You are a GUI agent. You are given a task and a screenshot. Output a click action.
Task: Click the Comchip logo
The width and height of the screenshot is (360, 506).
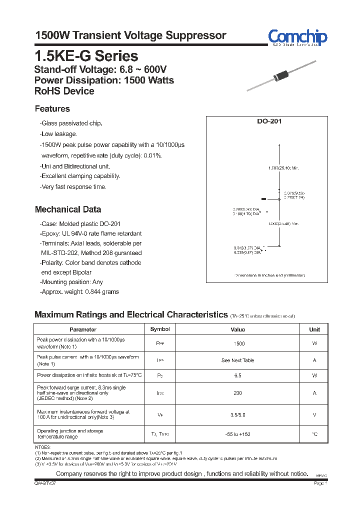tap(297, 37)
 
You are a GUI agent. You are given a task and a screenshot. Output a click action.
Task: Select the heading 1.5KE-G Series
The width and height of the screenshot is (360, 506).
tap(86, 55)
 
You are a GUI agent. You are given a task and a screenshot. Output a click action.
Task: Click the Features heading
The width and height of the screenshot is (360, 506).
tap(52, 109)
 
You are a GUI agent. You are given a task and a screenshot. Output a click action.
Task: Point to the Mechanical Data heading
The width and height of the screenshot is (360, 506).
tap(67, 209)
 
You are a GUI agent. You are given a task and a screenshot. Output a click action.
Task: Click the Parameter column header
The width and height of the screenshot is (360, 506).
tap(83, 329)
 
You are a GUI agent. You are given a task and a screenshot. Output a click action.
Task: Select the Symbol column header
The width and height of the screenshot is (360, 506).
tap(160, 329)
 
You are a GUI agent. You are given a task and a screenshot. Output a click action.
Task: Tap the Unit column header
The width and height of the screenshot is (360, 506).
tap(314, 329)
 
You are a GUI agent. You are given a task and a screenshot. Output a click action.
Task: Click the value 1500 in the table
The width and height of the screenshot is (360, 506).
tap(239, 344)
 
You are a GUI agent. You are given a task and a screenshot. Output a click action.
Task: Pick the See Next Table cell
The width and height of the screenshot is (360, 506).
tap(238, 360)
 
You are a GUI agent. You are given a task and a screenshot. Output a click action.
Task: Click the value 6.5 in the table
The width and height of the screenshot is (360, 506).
tap(238, 375)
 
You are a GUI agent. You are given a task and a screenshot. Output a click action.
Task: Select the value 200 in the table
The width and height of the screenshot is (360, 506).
tap(238, 393)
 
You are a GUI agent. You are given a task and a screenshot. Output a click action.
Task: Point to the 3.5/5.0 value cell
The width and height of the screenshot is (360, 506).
tap(238, 414)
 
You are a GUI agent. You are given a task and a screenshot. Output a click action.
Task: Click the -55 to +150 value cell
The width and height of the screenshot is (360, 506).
tap(238, 434)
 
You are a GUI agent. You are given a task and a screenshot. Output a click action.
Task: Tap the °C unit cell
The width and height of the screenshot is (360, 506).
tap(314, 434)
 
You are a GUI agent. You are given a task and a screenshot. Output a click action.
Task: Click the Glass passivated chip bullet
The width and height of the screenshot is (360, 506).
tap(71, 123)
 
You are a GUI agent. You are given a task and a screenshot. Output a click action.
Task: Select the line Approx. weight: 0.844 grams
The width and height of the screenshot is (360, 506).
tap(79, 292)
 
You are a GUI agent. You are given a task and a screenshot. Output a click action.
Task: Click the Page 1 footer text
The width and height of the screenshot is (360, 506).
tap(320, 483)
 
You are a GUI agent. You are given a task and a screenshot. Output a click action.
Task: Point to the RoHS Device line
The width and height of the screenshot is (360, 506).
tap(64, 91)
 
